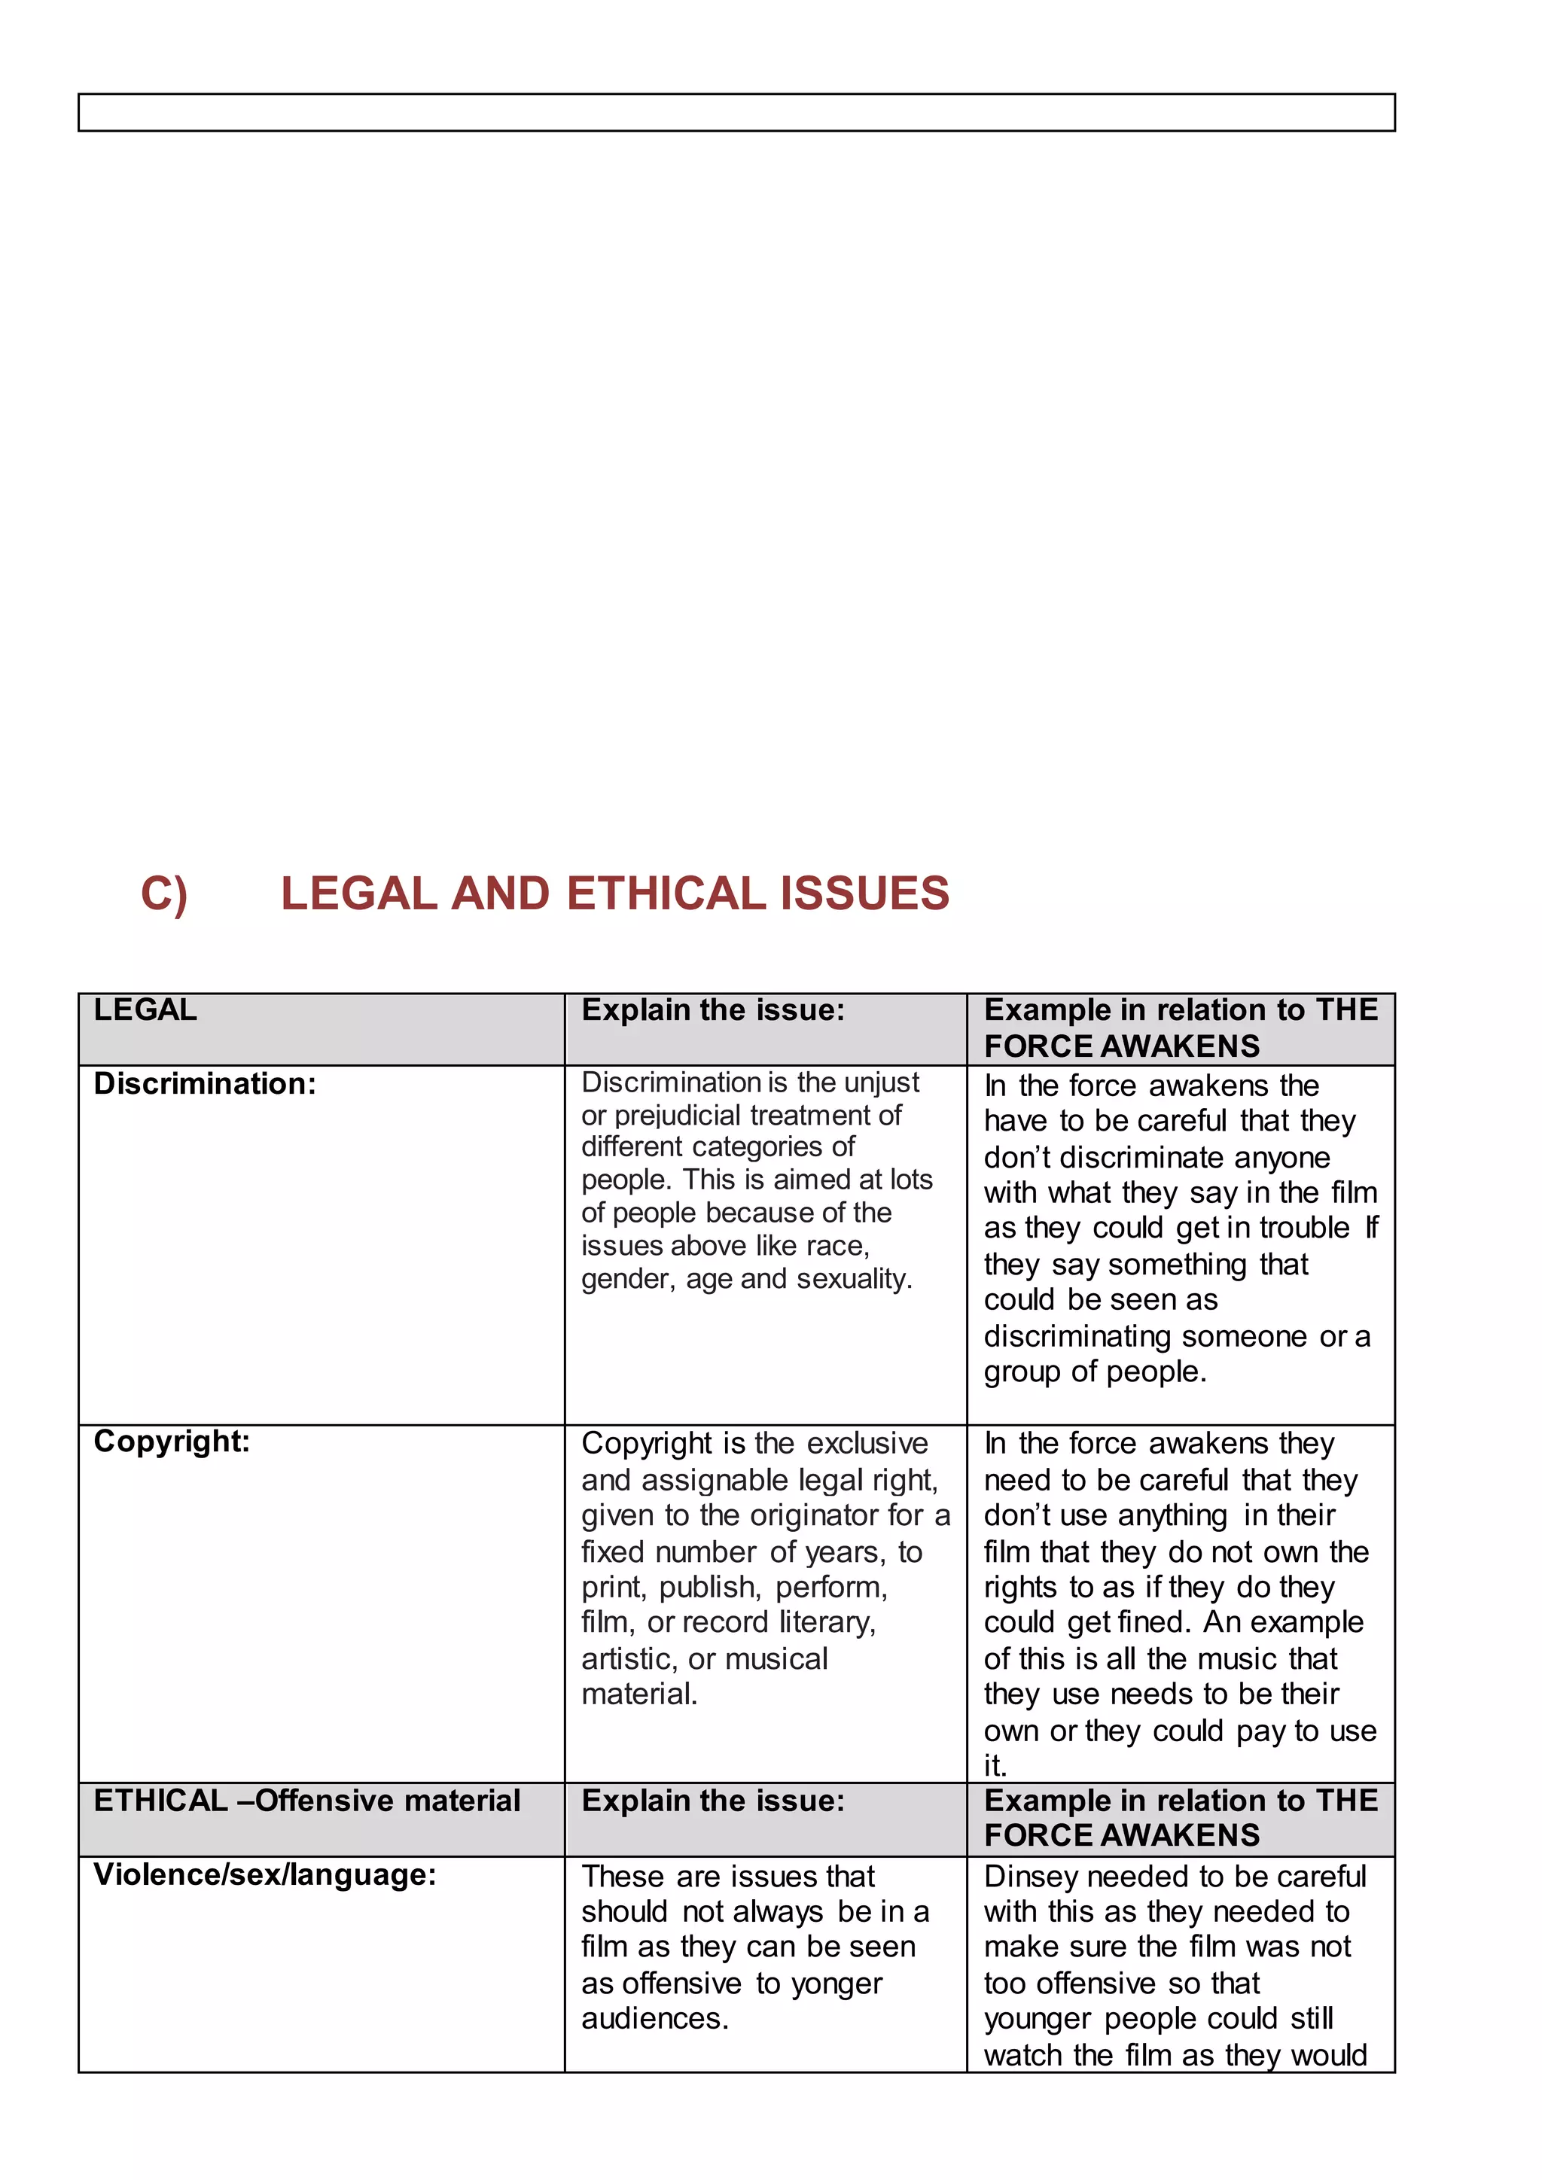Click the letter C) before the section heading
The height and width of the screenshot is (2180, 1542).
coord(163,894)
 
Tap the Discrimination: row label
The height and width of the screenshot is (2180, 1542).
coord(204,1083)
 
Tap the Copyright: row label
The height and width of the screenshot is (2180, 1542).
coord(172,1442)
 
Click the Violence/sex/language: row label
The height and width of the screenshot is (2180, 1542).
coord(265,1874)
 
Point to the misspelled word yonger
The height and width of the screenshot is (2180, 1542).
coord(837,1984)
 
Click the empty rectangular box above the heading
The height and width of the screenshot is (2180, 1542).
coord(736,112)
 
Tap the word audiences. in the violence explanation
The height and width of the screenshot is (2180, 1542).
coord(655,2019)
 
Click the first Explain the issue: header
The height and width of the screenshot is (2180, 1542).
coord(712,1009)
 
